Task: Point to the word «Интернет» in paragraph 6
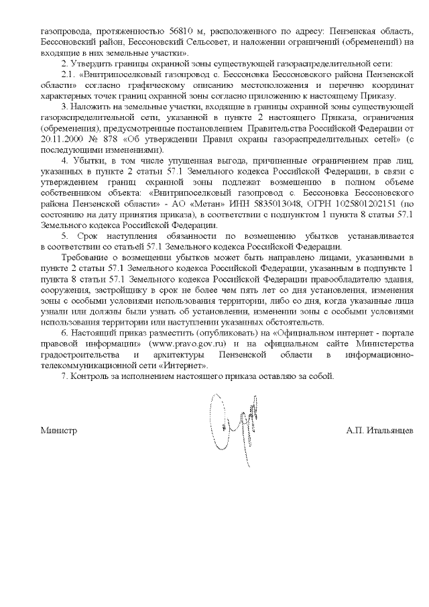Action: pyautogui.click(x=189, y=366)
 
